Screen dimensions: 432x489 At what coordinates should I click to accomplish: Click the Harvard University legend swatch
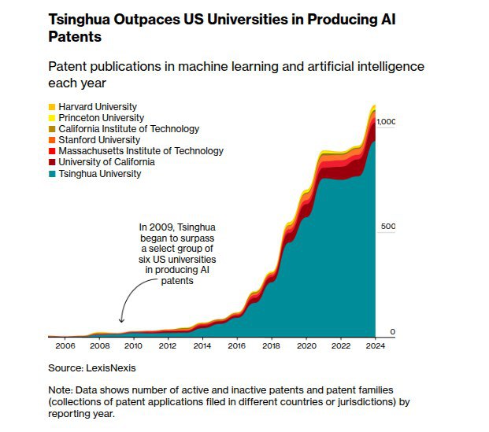pyautogui.click(x=52, y=107)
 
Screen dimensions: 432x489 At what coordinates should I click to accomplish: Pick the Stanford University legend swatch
pyautogui.click(x=52, y=140)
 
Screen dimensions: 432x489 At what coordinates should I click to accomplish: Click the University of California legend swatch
pyautogui.click(x=52, y=162)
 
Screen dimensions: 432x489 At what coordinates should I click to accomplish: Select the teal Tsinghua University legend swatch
pyautogui.click(x=52, y=173)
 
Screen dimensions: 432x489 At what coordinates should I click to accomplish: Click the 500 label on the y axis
pyautogui.click(x=388, y=227)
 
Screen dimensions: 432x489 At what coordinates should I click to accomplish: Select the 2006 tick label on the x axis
pyautogui.click(x=65, y=346)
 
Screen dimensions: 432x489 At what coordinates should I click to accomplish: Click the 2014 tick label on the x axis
pyautogui.click(x=202, y=346)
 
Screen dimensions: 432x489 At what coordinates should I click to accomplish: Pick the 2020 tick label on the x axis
pyautogui.click(x=306, y=346)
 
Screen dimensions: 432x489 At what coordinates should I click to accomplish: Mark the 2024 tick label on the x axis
pyautogui.click(x=375, y=346)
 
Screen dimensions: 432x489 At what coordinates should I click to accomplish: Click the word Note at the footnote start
pyautogui.click(x=61, y=390)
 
